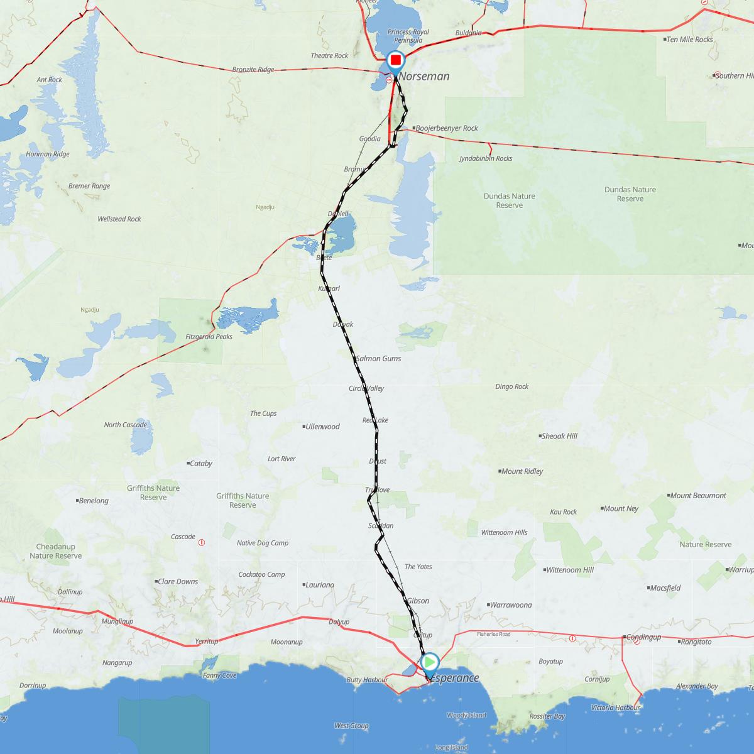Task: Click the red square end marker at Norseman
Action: (x=396, y=60)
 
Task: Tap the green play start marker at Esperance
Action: (x=430, y=662)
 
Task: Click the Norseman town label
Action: (x=425, y=77)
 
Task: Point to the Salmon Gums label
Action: (x=378, y=359)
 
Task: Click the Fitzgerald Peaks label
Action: (x=209, y=337)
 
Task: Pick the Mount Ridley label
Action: (x=522, y=471)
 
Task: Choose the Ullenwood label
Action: (x=322, y=427)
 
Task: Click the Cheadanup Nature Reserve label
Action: (x=55, y=551)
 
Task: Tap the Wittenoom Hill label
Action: (x=570, y=571)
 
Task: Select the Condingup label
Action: (x=643, y=637)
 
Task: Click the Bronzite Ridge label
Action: (x=253, y=70)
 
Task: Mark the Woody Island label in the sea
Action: (x=466, y=716)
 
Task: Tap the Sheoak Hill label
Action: (x=559, y=436)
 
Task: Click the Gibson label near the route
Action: (x=418, y=601)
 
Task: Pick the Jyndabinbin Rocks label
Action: (x=486, y=159)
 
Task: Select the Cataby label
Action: (x=201, y=464)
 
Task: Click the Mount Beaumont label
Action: (x=697, y=496)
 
